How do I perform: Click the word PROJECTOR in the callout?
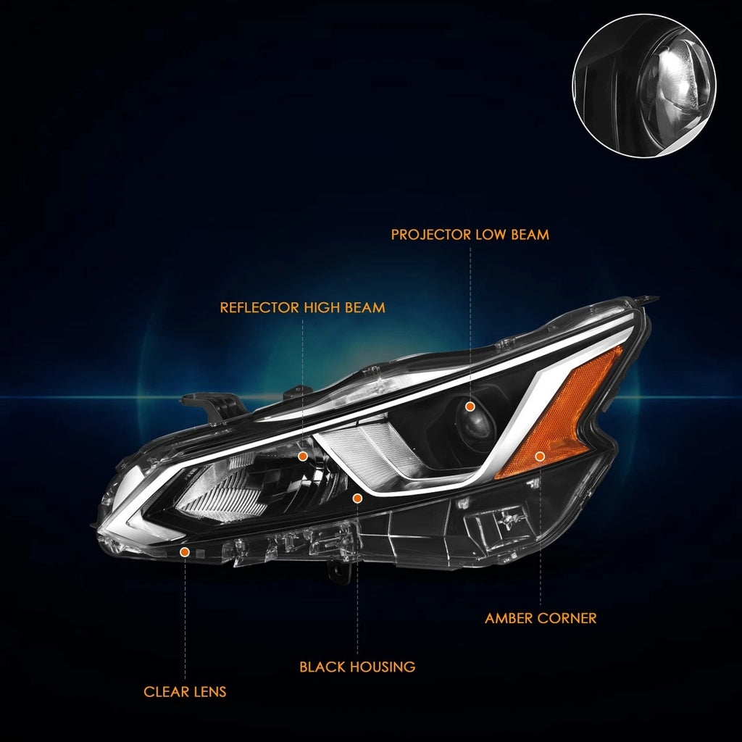[x=431, y=235]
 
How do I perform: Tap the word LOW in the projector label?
[x=491, y=235]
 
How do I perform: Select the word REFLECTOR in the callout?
[x=260, y=307]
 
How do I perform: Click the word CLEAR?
[x=164, y=692]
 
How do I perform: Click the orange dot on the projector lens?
[x=470, y=406]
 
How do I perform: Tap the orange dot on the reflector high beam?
[x=303, y=457]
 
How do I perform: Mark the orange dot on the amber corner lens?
[x=540, y=457]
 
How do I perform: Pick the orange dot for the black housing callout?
[x=357, y=498]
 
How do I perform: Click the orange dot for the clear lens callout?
[x=185, y=551]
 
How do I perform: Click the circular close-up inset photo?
[x=644, y=86]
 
